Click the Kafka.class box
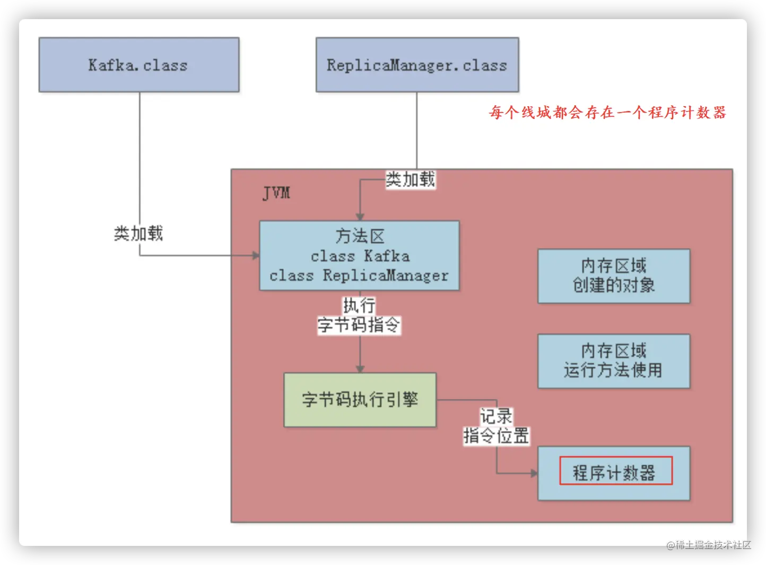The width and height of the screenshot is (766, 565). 139,65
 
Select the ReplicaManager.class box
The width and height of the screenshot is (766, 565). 417,65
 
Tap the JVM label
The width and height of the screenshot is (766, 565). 276,192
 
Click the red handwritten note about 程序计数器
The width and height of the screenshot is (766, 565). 607,113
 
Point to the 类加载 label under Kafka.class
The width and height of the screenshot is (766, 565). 138,233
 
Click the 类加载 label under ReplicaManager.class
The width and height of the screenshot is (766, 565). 410,179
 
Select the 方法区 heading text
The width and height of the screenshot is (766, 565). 360,236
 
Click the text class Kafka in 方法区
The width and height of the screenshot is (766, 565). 360,256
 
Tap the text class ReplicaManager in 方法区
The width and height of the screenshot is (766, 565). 359,276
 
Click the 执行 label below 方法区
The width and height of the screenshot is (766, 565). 359,305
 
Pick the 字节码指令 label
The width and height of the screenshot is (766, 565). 359,324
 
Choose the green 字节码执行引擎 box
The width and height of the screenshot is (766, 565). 360,399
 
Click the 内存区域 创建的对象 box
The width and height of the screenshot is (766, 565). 614,276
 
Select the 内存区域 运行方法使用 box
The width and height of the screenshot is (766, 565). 614,361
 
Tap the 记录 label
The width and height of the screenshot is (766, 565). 496,416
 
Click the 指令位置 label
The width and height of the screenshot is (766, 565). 496,435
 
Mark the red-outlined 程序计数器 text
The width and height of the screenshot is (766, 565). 615,472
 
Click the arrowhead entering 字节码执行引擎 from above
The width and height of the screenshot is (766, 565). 360,369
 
